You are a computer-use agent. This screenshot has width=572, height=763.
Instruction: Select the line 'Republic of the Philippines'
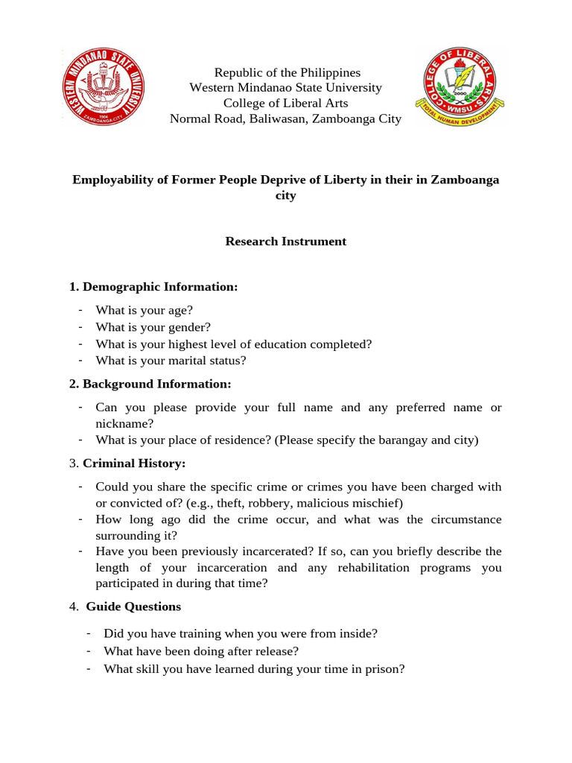coord(287,72)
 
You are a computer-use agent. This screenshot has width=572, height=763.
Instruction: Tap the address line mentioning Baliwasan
coord(285,118)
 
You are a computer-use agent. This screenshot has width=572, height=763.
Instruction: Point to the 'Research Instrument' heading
coord(286,241)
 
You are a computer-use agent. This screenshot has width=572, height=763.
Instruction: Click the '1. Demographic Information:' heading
coord(153,287)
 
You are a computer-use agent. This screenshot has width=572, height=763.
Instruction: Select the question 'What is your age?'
coord(144,310)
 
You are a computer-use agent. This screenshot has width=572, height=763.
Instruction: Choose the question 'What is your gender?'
coord(153,327)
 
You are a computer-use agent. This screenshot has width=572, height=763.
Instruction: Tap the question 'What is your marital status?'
coord(171,361)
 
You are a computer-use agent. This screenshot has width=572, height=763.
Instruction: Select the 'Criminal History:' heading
coord(134,463)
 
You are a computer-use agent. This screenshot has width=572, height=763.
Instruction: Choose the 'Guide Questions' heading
coord(133,607)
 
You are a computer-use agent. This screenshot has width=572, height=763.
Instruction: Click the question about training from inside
coord(241,633)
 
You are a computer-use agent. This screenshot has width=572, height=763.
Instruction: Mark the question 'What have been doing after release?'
coord(201,651)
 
